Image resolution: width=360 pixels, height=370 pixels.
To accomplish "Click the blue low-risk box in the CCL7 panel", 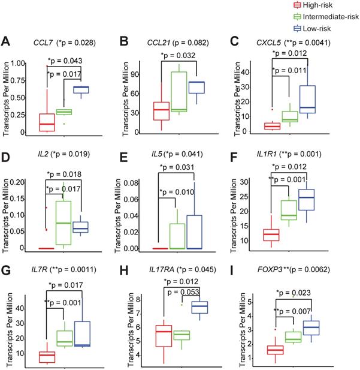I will (81, 89).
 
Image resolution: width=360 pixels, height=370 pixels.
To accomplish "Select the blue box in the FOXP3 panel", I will (310, 328).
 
